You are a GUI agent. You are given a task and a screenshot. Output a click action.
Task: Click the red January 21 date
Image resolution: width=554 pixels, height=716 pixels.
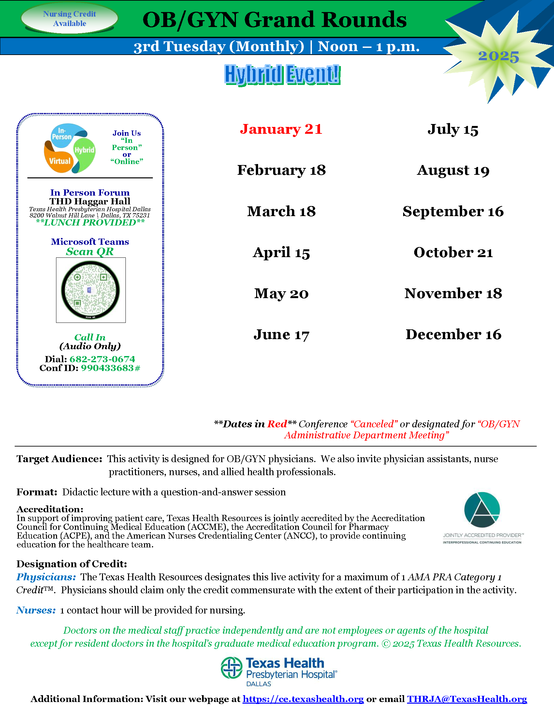[x=281, y=129]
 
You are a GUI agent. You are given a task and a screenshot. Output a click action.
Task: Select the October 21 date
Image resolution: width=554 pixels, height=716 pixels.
[x=453, y=253]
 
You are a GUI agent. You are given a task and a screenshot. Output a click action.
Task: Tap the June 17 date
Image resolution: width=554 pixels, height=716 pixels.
[x=281, y=334]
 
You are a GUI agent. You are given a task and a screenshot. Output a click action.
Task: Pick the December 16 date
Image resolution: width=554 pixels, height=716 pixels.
[x=453, y=334]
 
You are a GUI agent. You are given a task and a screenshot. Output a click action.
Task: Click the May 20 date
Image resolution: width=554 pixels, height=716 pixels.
[x=281, y=294]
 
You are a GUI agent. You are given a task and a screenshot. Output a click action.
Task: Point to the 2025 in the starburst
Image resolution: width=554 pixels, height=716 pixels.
[x=498, y=56]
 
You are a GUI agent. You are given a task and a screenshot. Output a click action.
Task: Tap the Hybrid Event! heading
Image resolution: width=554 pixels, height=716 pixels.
[x=282, y=75]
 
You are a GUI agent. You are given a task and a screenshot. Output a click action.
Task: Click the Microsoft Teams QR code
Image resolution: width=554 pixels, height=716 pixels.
[x=91, y=290]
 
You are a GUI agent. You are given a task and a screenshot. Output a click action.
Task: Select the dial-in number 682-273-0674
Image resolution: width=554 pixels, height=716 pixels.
[x=102, y=359]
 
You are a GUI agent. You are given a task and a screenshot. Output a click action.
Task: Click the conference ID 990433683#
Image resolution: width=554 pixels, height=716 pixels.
[x=110, y=368]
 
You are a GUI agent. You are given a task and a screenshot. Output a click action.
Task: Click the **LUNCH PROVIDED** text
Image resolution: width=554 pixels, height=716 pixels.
[x=90, y=223]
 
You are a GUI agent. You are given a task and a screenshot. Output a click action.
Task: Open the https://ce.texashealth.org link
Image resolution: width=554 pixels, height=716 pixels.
[x=303, y=699]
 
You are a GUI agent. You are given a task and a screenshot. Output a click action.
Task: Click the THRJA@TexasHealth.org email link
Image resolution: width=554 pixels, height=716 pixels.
[x=467, y=699]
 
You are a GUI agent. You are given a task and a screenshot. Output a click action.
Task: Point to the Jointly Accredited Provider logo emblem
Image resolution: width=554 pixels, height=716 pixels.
[x=482, y=510]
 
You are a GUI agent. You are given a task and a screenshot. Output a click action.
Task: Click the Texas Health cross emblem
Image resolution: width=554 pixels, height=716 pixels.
[x=231, y=668]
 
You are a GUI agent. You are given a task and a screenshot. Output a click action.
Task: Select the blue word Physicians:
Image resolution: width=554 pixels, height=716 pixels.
[x=46, y=577]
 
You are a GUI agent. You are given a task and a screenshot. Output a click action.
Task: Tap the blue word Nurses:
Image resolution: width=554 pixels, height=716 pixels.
[x=36, y=610]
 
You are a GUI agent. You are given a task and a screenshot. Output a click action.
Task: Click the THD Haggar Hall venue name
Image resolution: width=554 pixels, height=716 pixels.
[x=90, y=201]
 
